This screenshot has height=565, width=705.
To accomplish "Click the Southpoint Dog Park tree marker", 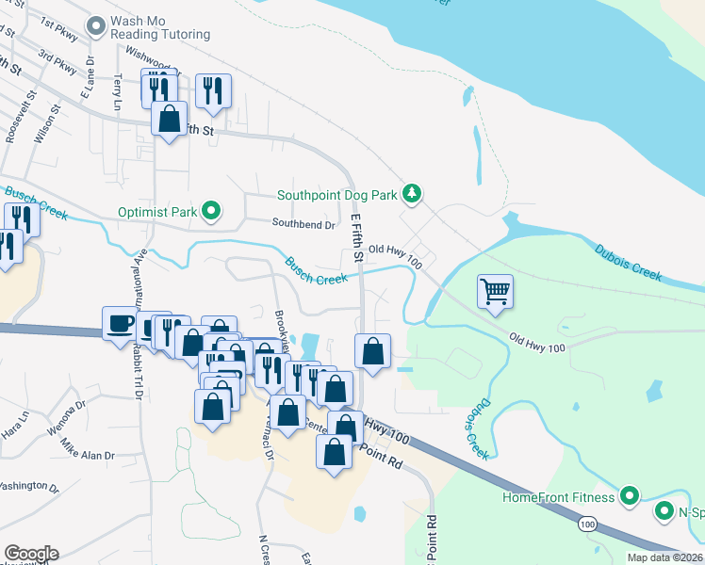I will point(411,194).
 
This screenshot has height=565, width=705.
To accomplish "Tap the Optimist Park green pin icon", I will point(213,212).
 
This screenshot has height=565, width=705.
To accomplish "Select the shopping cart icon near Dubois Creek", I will point(496,291).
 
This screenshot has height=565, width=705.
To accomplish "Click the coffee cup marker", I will point(120,324).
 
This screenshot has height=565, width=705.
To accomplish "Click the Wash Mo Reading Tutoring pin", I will point(95,26).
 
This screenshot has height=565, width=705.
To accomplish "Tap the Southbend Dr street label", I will point(303,225).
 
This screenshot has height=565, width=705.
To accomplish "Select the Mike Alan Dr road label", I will point(87,448).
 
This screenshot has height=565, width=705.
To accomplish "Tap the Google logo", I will point(30,554).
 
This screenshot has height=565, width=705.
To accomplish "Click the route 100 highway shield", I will point(588,523).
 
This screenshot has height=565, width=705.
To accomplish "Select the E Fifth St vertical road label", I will point(356,236).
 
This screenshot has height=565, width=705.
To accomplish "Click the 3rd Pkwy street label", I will point(57,66).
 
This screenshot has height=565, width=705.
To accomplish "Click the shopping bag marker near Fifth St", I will point(169,120).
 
